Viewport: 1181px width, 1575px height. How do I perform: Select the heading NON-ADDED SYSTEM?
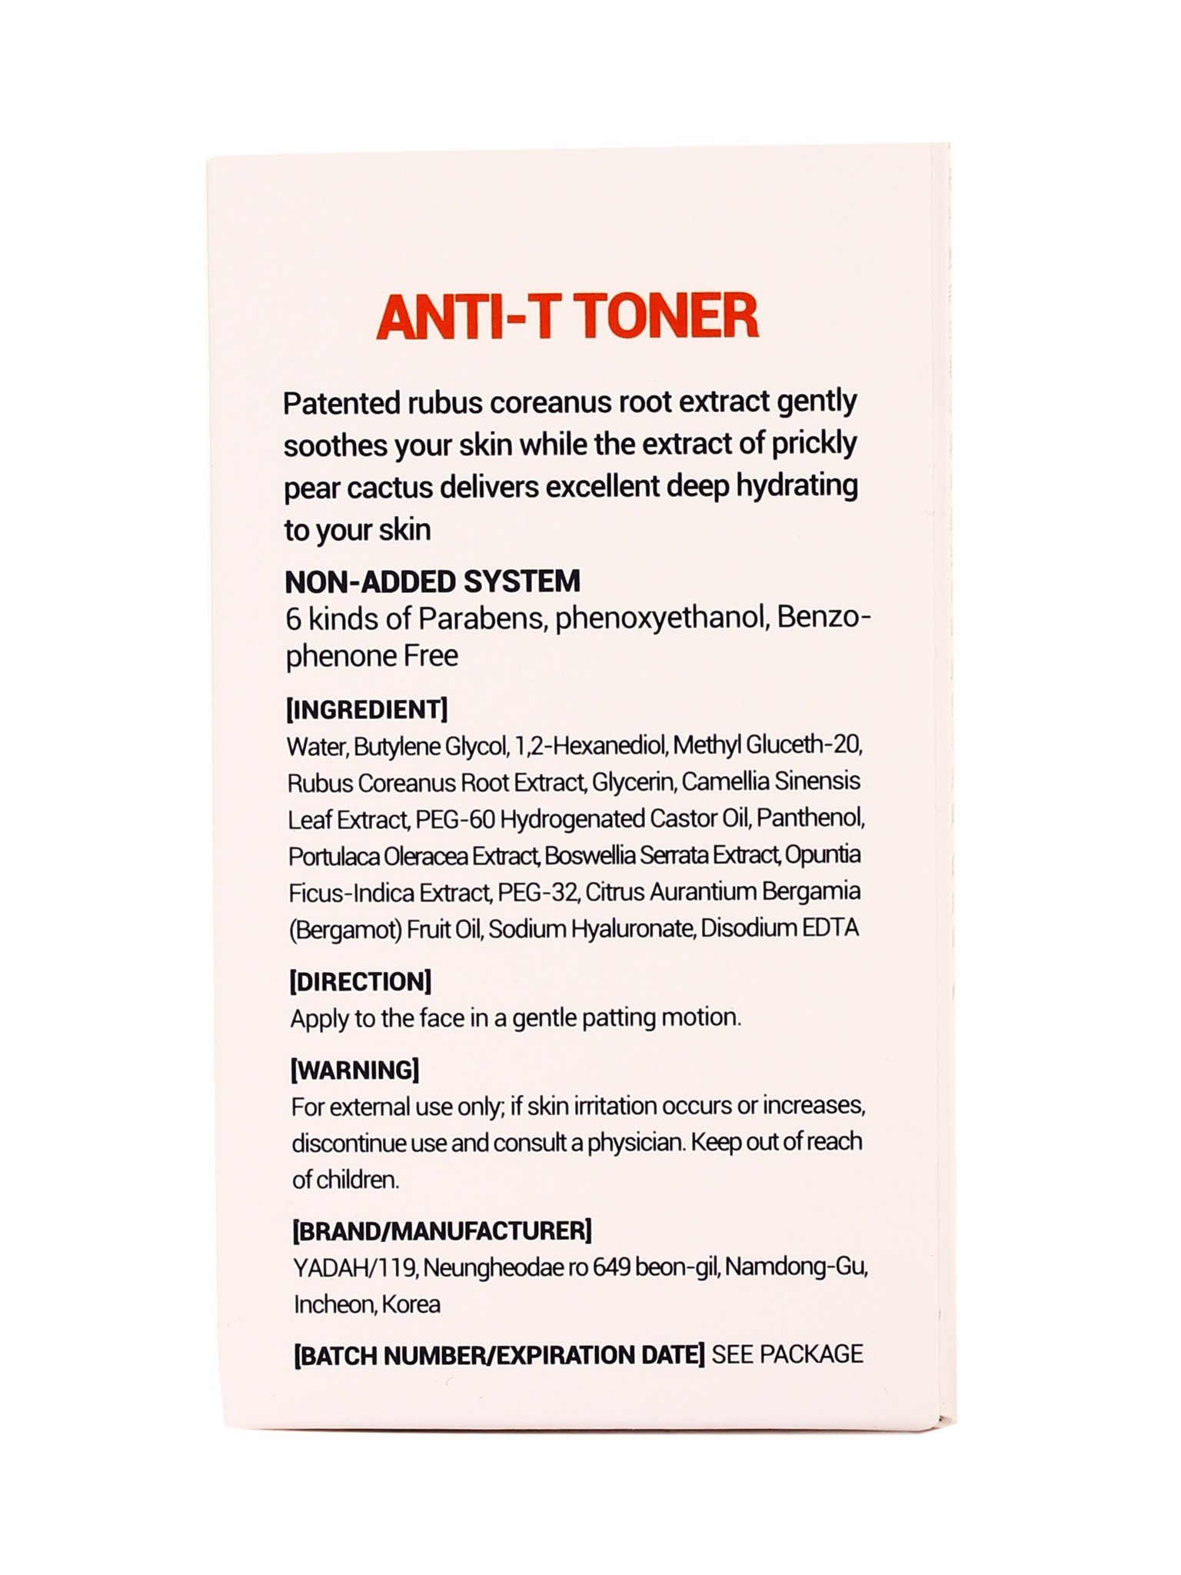pos(432,581)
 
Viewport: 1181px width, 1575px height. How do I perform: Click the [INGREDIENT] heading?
pos(366,709)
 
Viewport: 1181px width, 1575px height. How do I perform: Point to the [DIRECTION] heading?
pos(360,981)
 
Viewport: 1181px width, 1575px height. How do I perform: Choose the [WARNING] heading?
pos(354,1070)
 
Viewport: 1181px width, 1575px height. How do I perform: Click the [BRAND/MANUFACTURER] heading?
pos(442,1230)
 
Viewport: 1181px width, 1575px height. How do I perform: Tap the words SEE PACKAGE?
pos(787,1354)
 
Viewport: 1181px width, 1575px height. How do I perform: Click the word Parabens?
pos(481,619)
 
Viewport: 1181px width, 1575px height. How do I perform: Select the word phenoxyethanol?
pos(663,619)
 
